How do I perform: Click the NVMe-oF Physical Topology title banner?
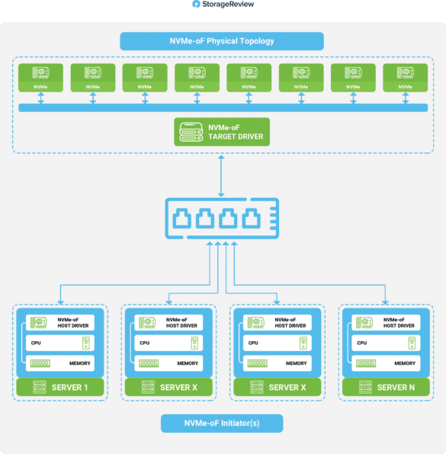pos(222,41)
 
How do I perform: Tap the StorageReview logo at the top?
pos(223,4)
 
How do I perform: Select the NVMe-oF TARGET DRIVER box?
pos(222,132)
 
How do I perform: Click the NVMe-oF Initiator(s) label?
pos(222,424)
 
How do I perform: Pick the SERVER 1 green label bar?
pos(60,387)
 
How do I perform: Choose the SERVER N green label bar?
pos(386,387)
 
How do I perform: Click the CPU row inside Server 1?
pos(60,343)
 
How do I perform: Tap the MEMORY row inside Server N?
pos(386,363)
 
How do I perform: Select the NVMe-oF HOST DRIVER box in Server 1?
pos(60,322)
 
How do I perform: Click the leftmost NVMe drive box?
pos(40,78)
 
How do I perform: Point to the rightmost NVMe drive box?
pos(405,78)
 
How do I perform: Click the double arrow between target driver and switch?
pos(221,176)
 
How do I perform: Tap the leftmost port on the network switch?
pos(181,218)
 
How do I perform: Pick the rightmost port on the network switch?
pos(251,218)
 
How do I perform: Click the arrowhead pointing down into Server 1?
pos(60,302)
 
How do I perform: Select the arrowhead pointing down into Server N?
pos(385,302)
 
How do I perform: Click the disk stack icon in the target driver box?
pos(191,132)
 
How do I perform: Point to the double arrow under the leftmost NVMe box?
pos(41,98)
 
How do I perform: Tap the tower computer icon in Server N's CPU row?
pos(412,343)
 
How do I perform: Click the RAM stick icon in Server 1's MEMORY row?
pos(40,363)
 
